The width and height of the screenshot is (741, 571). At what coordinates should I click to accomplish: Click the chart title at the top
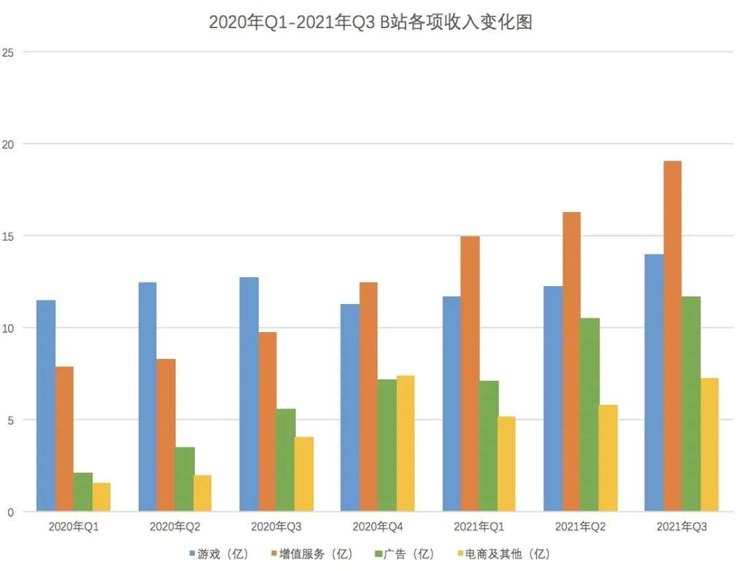point(370,22)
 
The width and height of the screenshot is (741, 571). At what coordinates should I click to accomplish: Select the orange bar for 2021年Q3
point(672,336)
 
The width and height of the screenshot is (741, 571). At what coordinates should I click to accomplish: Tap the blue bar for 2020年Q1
point(46,406)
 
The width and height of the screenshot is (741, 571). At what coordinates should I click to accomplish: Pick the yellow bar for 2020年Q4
point(405,443)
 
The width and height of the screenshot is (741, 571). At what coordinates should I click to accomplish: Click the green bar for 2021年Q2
point(590,415)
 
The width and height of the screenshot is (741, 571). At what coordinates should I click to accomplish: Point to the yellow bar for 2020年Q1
point(102,498)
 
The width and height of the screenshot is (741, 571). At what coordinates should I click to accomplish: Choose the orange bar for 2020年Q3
point(268,421)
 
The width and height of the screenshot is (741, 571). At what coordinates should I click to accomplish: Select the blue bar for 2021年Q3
point(654,383)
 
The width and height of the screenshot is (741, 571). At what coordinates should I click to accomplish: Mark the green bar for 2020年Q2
point(185,479)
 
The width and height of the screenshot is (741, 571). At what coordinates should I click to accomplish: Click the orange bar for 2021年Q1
point(470,374)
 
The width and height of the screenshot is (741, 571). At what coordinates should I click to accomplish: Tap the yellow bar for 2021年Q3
point(709,445)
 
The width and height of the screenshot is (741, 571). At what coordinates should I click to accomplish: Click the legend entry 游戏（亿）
point(219,554)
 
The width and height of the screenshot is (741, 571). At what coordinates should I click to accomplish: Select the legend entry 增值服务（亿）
point(312,554)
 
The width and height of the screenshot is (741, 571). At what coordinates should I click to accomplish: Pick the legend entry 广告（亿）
point(405,554)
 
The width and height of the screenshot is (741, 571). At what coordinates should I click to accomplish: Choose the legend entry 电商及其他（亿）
point(504,554)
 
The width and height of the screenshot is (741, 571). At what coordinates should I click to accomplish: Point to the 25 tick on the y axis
point(8,52)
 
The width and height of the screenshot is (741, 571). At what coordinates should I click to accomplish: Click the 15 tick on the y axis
point(8,236)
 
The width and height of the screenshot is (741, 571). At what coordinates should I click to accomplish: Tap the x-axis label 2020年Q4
point(377,526)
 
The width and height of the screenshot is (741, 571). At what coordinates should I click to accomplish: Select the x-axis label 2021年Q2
point(580,526)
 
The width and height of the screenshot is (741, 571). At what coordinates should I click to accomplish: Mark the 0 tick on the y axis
point(10,513)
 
